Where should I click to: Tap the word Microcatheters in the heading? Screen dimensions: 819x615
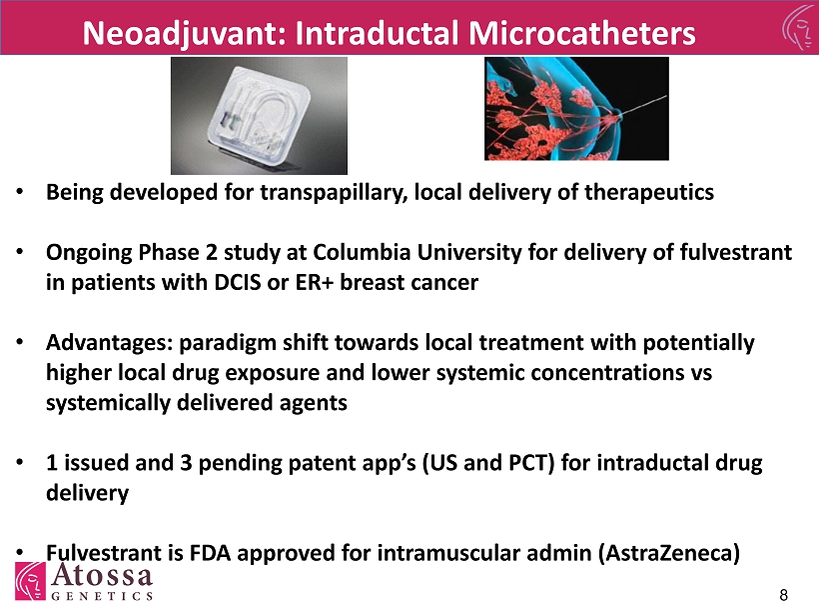click(582, 33)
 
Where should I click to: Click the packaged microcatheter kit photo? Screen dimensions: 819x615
click(259, 116)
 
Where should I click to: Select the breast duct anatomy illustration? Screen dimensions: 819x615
click(576, 108)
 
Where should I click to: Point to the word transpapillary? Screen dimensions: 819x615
click(334, 193)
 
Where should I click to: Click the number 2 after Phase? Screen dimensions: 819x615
click(211, 253)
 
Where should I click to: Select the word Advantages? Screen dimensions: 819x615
click(109, 344)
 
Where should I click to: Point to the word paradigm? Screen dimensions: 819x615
click(228, 344)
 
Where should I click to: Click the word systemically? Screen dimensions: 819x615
click(108, 403)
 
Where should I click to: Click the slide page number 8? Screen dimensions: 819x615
click(783, 595)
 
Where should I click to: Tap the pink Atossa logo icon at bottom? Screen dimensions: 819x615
click(30, 581)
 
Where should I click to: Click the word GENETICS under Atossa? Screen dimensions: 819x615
click(102, 596)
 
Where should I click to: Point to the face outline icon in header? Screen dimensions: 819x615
click(800, 27)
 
